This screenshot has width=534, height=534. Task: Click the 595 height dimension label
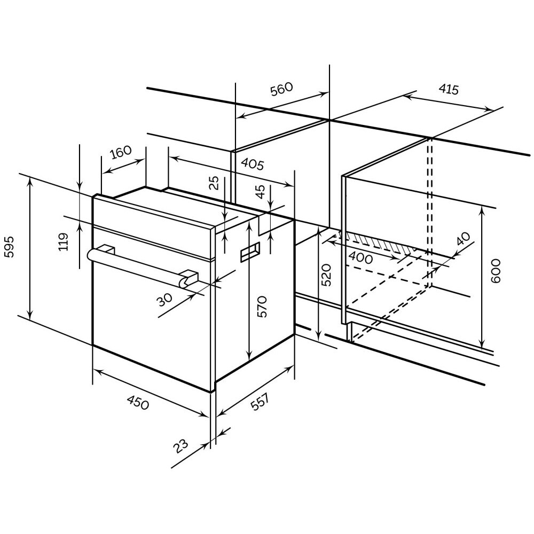click(x=10, y=247)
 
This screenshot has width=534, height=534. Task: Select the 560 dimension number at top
click(x=281, y=89)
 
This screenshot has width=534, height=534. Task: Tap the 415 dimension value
click(x=449, y=89)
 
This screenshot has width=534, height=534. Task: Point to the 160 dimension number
click(x=121, y=153)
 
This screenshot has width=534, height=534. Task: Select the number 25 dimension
click(x=214, y=183)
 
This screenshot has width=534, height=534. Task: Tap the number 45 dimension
click(x=260, y=192)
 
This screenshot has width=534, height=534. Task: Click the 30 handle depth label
click(x=166, y=301)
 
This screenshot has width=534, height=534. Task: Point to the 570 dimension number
click(x=261, y=307)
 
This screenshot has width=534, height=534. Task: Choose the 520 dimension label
click(x=327, y=274)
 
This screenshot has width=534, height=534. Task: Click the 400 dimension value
click(x=361, y=257)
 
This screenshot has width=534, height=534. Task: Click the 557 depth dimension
click(x=260, y=401)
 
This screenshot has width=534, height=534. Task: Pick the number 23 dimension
click(x=182, y=445)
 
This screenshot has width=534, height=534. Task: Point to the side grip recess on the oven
click(x=250, y=251)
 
